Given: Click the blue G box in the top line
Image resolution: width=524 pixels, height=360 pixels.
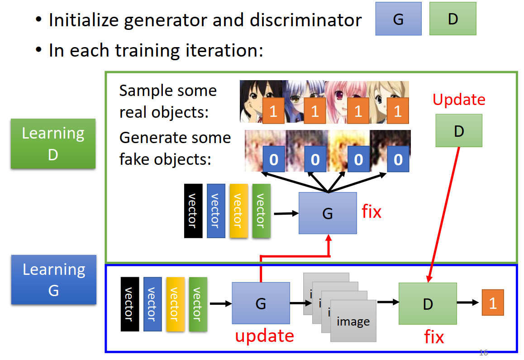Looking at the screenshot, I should pyautogui.click(x=398, y=19).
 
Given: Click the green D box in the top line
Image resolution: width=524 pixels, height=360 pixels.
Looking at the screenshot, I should pyautogui.click(x=453, y=19).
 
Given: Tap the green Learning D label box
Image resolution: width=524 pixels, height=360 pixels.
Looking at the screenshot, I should pyautogui.click(x=53, y=144).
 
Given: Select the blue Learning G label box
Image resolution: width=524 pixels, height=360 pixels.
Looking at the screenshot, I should pyautogui.click(x=53, y=279).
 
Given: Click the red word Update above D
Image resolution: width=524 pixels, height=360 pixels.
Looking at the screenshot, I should pyautogui.click(x=459, y=100).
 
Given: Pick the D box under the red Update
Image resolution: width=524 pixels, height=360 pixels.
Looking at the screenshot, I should pyautogui.click(x=459, y=130).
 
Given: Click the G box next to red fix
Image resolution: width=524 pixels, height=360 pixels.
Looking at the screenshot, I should pyautogui.click(x=328, y=213).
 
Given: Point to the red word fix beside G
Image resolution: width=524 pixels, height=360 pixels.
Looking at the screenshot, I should pyautogui.click(x=372, y=211).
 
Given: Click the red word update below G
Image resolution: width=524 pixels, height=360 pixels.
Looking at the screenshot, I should pyautogui.click(x=264, y=336).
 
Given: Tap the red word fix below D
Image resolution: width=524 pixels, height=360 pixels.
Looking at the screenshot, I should pyautogui.click(x=434, y=337).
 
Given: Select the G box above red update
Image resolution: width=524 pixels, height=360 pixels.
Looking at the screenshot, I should pyautogui.click(x=261, y=302).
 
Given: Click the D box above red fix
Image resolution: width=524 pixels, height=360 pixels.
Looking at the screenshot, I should pyautogui.click(x=428, y=303).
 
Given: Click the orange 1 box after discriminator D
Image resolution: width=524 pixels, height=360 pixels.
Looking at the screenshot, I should pyautogui.click(x=493, y=302).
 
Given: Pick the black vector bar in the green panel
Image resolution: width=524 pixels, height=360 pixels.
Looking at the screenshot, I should pyautogui.click(x=193, y=211).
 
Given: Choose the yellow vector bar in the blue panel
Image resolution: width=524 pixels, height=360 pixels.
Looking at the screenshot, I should pyautogui.click(x=175, y=304).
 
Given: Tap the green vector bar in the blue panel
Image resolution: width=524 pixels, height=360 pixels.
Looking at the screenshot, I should pyautogui.click(x=198, y=304).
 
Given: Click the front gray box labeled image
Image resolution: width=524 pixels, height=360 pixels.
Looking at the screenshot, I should pyautogui.click(x=353, y=321).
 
